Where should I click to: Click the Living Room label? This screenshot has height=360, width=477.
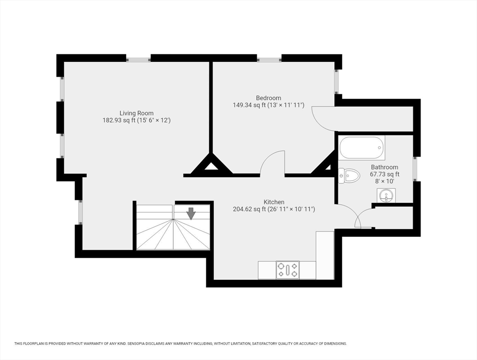click(x=136, y=113)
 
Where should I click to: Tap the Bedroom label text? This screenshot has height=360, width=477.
click(x=268, y=98)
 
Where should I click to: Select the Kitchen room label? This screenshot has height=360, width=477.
click(x=274, y=202)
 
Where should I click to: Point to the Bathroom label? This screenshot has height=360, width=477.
click(x=384, y=167)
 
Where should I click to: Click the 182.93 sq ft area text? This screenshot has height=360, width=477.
click(x=119, y=120)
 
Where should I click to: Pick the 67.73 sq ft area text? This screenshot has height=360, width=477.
click(x=385, y=174)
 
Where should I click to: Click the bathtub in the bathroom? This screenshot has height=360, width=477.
click(x=362, y=148)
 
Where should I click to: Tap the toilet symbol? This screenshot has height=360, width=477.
click(x=349, y=176)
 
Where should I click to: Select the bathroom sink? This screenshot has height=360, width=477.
click(x=386, y=195)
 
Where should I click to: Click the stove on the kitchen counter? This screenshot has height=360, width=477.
click(x=288, y=270)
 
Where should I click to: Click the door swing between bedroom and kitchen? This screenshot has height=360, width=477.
click(x=273, y=163)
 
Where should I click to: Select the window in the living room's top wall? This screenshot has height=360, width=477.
click(x=138, y=58)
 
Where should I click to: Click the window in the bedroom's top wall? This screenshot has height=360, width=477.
click(x=269, y=58)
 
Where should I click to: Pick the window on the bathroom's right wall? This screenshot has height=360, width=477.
click(x=417, y=169)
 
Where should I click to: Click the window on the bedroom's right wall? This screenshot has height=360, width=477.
click(x=338, y=82)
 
